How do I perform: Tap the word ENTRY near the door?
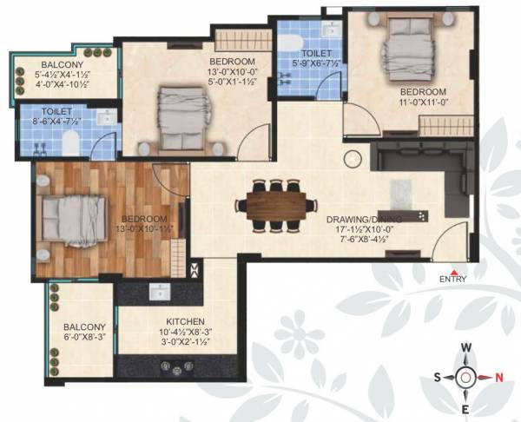point(453,279)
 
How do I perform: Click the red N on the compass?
point(498,376)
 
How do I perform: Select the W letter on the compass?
point(466,347)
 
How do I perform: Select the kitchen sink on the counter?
point(160,292)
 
